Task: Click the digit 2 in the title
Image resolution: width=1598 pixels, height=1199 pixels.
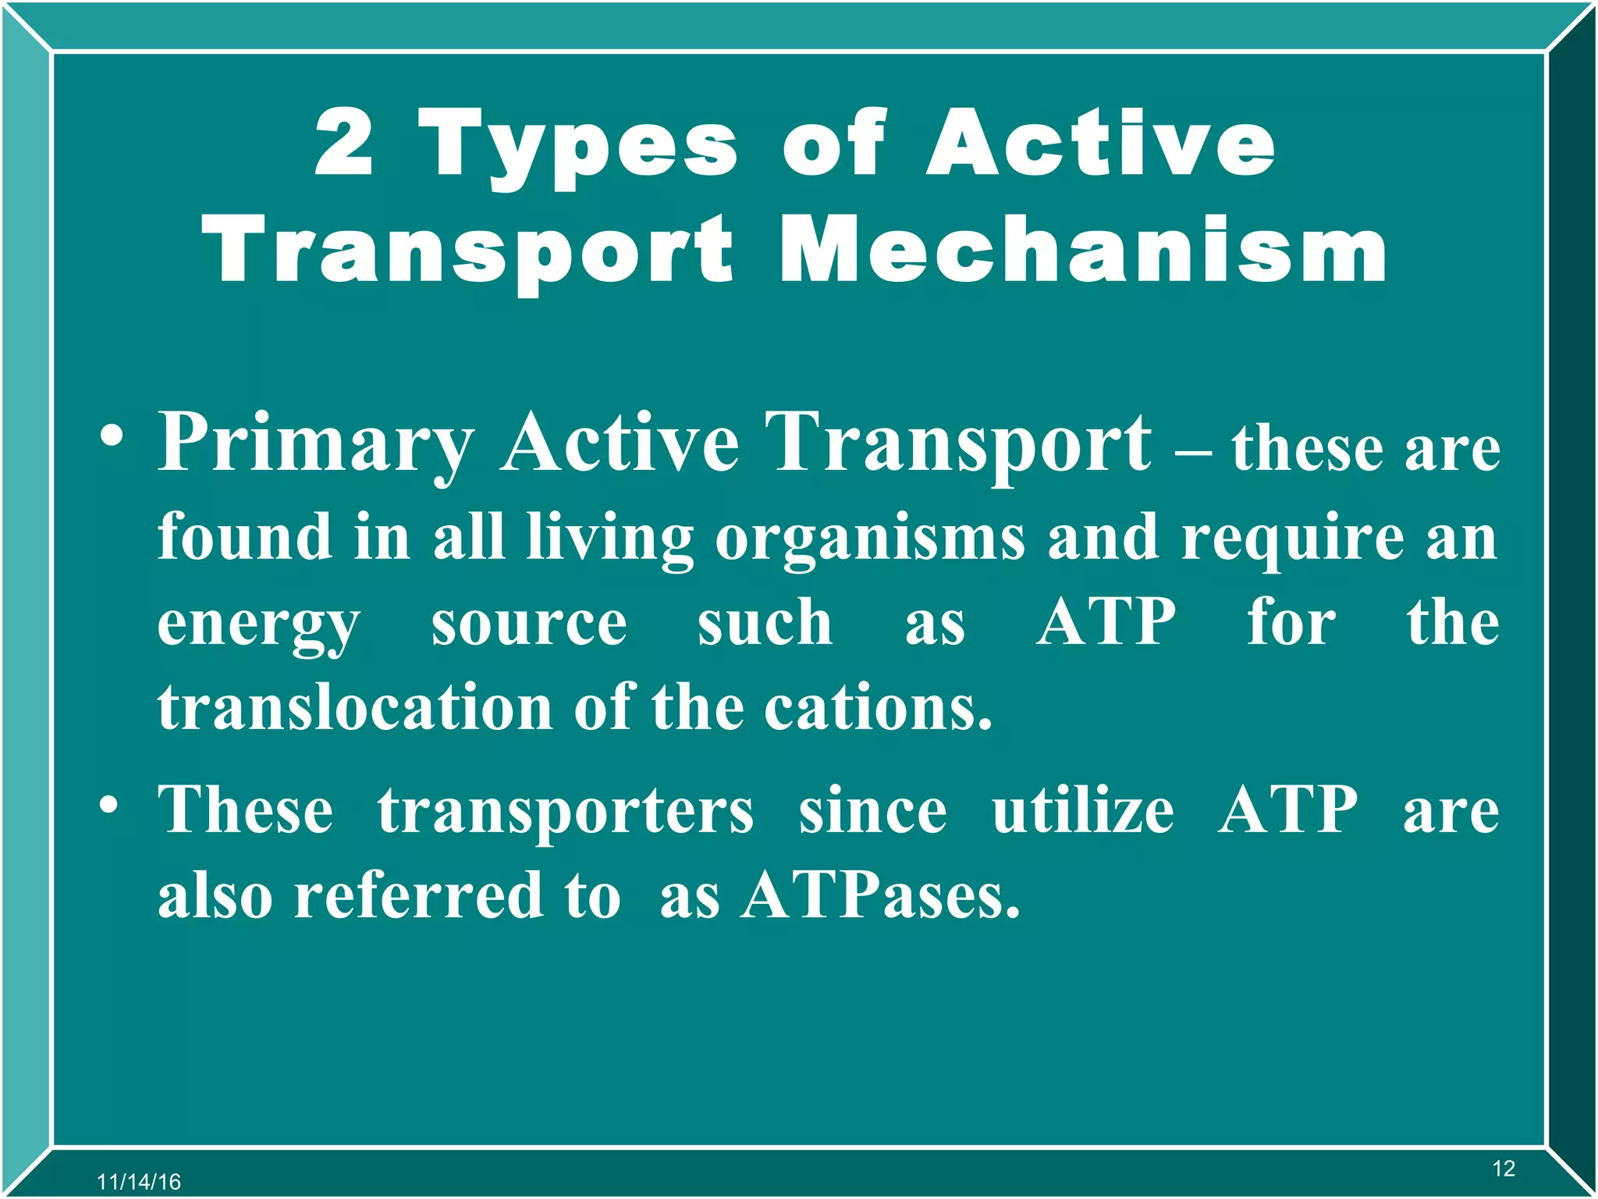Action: click(344, 143)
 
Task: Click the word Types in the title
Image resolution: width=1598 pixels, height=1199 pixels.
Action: click(578, 148)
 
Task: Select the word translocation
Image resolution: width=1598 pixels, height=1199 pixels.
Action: click(355, 707)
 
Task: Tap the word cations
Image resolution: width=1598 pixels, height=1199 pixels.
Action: click(877, 707)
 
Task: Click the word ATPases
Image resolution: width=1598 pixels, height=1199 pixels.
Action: click(880, 895)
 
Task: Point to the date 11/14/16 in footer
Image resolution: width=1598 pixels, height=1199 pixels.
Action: click(139, 1182)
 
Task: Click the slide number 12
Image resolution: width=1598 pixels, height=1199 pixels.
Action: click(1503, 1169)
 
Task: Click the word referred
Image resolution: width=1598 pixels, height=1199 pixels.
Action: click(418, 895)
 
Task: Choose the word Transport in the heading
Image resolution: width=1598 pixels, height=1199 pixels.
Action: click(467, 250)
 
